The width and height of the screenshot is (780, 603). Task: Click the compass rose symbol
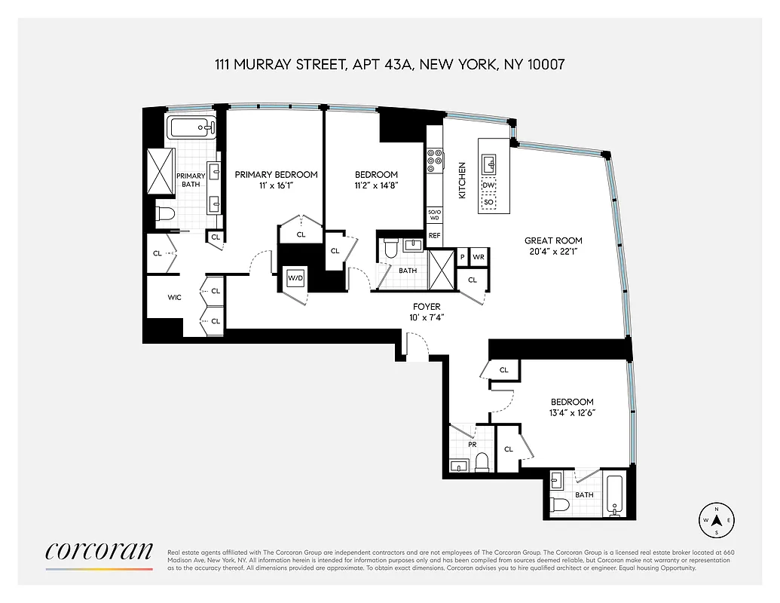point(717,520)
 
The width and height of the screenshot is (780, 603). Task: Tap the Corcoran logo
point(99,551)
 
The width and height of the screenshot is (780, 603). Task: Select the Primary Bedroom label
point(277,174)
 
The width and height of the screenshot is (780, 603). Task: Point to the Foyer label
point(427,307)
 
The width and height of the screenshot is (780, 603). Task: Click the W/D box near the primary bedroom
point(295,278)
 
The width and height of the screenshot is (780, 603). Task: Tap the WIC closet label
point(175,297)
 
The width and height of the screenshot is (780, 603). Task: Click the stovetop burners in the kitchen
point(435,158)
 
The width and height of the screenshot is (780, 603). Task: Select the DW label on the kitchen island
point(488,185)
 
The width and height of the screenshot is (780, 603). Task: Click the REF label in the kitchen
point(434,236)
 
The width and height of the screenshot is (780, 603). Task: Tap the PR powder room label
point(473,445)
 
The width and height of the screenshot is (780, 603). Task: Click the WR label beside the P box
point(478,257)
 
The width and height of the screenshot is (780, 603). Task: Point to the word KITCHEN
point(463,180)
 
